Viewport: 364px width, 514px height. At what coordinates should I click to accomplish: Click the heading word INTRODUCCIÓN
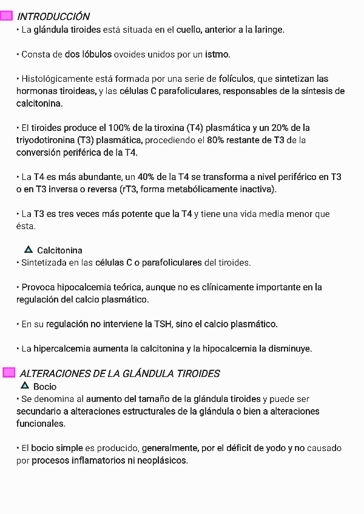click(x=54, y=16)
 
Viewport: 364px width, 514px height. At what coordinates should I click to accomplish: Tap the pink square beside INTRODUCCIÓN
click(x=8, y=16)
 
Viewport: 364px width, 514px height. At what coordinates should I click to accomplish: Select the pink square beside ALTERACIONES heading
click(x=8, y=372)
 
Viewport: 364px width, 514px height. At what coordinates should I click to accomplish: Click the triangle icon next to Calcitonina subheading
click(x=29, y=249)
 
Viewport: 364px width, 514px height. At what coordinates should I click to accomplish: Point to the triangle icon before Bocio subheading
click(x=25, y=385)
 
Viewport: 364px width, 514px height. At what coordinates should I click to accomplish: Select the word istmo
click(x=217, y=55)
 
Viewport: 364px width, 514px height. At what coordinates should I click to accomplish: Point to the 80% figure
click(x=216, y=141)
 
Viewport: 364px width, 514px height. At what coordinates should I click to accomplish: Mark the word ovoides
click(x=130, y=55)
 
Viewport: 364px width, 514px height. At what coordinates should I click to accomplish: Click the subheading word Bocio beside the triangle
click(x=45, y=387)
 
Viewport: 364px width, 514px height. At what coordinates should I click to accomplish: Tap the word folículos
click(x=237, y=79)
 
